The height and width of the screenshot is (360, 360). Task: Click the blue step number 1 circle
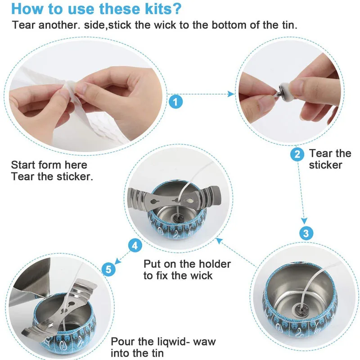point(176,101)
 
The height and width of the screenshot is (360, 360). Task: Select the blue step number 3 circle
point(306,233)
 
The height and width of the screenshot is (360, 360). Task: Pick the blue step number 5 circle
point(108,269)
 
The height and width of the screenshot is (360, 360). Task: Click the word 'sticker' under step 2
point(326,165)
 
